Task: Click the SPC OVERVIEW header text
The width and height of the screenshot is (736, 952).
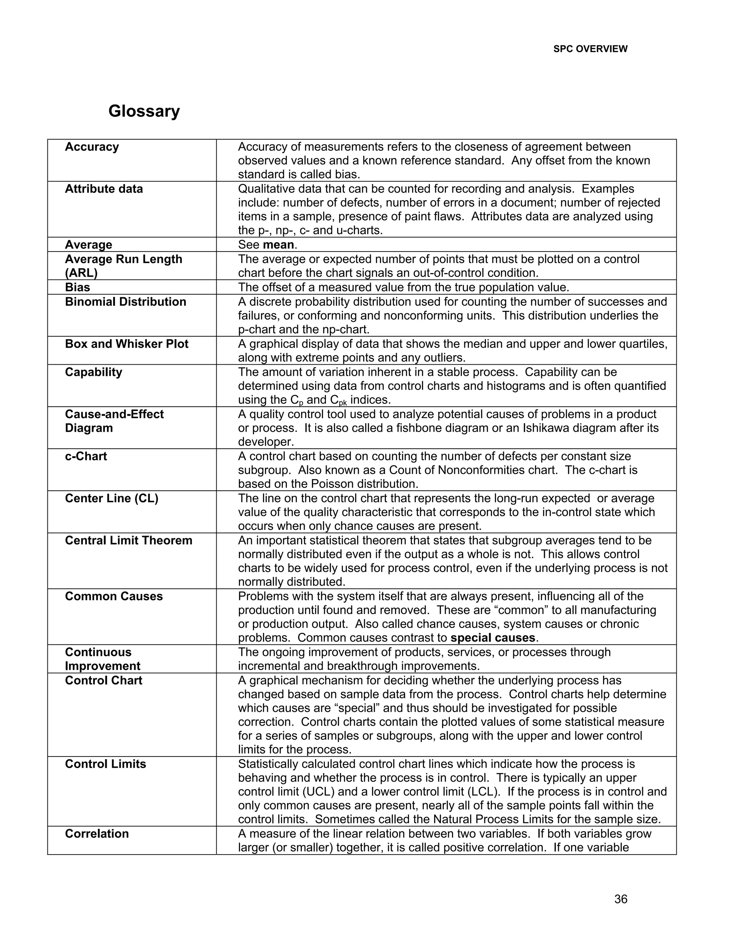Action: coord(590,49)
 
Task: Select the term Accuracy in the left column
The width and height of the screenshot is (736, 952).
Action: coord(92,147)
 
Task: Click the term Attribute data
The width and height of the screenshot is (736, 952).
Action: coord(104,189)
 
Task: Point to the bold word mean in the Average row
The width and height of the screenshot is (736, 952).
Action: coord(278,245)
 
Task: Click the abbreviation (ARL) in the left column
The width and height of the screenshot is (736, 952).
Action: coord(81,273)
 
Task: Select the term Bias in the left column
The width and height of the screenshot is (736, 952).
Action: coord(78,287)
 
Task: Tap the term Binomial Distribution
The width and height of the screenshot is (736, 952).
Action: coord(125,302)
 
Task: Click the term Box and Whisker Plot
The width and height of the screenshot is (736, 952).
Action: coord(126,344)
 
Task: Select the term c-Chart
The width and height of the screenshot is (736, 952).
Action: coord(86,456)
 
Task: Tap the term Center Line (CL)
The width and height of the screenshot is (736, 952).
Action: coord(112,498)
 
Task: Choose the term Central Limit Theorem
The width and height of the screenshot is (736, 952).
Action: coord(129,541)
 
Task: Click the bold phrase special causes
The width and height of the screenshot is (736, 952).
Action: coord(493,638)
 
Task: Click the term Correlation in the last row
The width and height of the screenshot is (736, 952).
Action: coord(97,834)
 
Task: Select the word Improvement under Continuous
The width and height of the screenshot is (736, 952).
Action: coord(102,666)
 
